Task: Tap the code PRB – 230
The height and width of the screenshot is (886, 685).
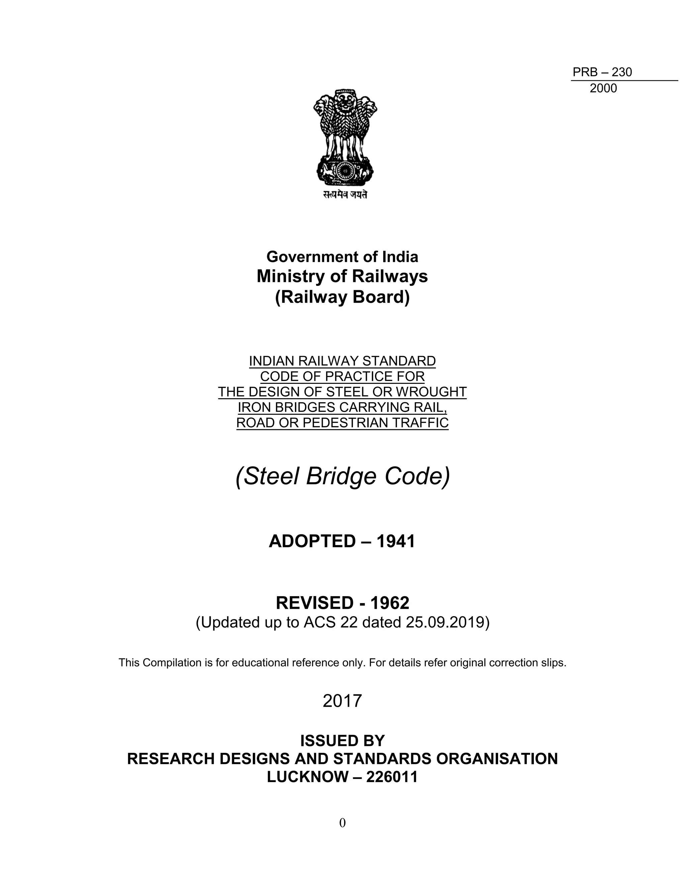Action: [602, 72]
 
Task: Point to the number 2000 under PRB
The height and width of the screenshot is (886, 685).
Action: [603, 89]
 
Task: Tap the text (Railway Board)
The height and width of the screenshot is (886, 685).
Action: [342, 297]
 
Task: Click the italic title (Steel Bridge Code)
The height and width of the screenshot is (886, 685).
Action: [342, 476]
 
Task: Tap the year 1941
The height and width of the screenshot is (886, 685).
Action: [396, 542]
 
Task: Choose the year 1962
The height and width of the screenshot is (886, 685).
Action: [390, 603]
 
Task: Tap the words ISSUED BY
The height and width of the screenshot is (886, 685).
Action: [342, 741]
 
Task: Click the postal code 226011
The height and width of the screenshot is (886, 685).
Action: [392, 776]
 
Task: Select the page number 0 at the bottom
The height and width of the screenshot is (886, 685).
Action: [342, 823]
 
